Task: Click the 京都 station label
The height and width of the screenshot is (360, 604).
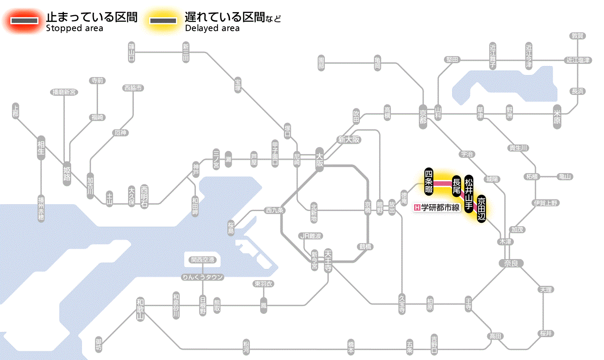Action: pos(423,115)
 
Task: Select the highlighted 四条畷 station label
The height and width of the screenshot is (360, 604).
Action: pos(428,181)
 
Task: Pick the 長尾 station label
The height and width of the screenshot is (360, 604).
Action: pos(456,187)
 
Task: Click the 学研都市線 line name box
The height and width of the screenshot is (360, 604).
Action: pos(437,208)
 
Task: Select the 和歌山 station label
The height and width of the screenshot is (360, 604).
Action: pos(140,309)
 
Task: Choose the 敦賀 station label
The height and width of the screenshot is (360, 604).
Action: pos(578,36)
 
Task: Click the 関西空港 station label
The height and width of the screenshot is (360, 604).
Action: pos(202,260)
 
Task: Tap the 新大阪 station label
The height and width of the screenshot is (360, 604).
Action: pos(349,139)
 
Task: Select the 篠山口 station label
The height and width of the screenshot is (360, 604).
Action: pos(132,52)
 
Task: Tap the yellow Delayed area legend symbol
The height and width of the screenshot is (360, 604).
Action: pos(163,21)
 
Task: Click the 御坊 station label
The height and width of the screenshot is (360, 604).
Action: pos(99,344)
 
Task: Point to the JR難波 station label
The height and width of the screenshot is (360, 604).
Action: pos(311,236)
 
